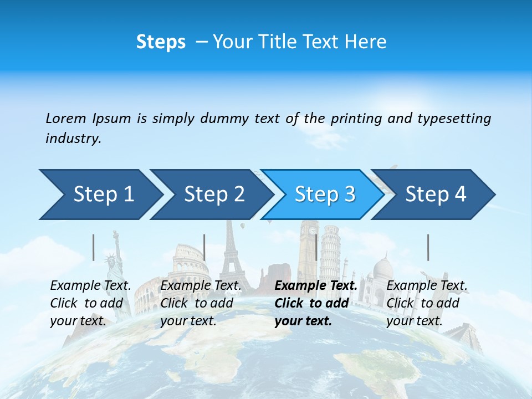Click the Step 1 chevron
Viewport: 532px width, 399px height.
pos(100,195)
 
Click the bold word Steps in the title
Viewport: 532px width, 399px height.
pos(161,42)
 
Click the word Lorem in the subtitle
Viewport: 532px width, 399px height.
pos(65,118)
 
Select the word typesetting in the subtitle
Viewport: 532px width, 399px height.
pos(454,119)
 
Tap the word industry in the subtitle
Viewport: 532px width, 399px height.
pos(73,139)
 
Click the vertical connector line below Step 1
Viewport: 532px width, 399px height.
pos(94,247)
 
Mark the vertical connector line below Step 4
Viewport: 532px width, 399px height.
pos(428,247)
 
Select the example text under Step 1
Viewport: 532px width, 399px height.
pos(90,303)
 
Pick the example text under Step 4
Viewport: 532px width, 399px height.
pos(427,303)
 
